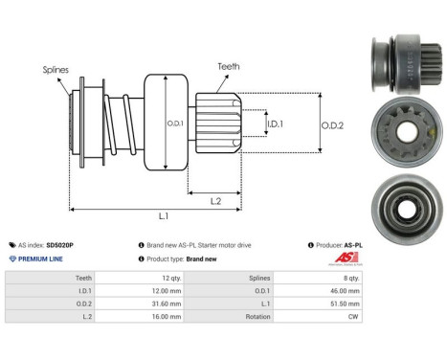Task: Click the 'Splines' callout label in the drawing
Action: click(56, 70)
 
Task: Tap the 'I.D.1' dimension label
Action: click(275, 124)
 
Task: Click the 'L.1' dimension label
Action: click(164, 215)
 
